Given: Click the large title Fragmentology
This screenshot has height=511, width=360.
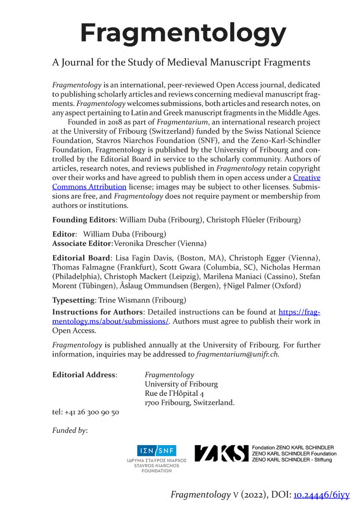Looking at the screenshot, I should tap(183, 32).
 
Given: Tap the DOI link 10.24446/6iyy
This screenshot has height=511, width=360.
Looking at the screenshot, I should tap(321, 495).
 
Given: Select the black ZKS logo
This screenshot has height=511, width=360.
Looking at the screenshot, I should tap(222, 453).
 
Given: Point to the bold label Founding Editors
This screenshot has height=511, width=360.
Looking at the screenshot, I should tap(85, 219).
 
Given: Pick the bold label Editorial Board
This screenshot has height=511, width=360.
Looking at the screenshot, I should tap(81, 258).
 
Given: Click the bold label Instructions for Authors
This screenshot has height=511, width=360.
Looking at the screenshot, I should tap(98, 312).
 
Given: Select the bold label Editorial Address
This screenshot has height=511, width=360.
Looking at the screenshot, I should tap(84, 375).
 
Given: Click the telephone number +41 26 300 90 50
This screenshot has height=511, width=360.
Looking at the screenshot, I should tap(86, 412).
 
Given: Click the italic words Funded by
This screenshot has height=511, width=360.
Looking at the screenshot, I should tap(70, 431).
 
